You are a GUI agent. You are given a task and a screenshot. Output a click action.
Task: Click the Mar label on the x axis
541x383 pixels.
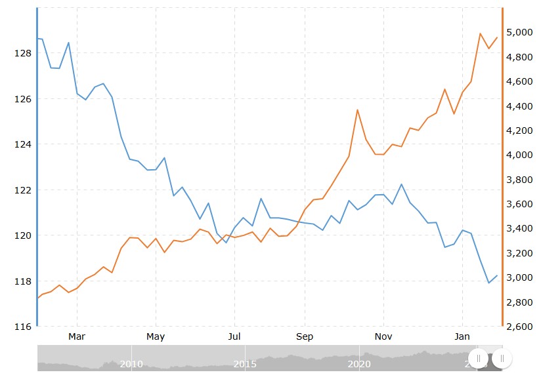tap(77, 337)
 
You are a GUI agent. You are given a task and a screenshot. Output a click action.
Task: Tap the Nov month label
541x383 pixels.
tap(383, 337)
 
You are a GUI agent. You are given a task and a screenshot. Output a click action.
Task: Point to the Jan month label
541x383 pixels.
tap(462, 337)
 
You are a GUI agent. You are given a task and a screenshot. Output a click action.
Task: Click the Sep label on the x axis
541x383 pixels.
tap(305, 337)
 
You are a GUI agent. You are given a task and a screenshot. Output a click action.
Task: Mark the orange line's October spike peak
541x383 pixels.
tap(357, 110)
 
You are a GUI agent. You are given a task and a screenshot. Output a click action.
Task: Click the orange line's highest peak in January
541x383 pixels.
tap(480, 33)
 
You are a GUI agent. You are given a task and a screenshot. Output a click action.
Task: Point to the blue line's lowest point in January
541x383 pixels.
tap(488, 283)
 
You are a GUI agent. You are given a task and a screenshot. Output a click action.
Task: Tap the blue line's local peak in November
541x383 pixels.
tap(401, 184)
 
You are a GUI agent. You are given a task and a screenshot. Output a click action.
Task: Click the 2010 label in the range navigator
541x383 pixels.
tap(131, 364)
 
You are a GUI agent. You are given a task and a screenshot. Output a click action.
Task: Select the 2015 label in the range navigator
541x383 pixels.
tap(245, 364)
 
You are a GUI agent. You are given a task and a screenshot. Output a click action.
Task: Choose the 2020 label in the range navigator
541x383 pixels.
tap(359, 364)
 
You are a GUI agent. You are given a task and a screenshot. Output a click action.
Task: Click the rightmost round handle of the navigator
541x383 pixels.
tap(502, 359)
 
